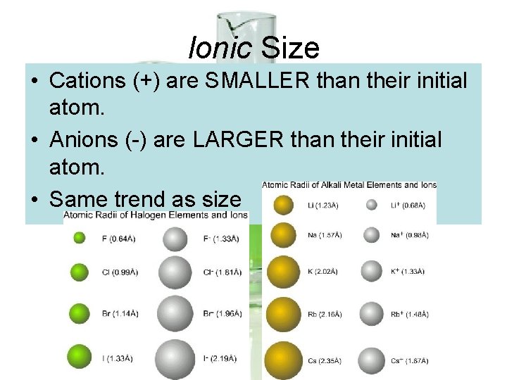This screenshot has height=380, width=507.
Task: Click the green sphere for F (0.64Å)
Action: tap(80, 239)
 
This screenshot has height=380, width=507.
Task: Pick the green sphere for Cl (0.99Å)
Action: tap(79, 272)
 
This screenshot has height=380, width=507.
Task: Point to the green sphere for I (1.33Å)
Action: tap(79, 359)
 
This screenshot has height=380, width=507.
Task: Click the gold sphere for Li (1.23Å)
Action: tap(284, 205)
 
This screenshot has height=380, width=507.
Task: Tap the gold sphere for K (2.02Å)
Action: tap(283, 271)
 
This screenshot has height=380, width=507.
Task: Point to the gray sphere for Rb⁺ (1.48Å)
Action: tap(372, 314)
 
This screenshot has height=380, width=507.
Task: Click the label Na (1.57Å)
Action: tap(324, 234)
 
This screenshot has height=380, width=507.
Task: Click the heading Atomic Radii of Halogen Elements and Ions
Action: tap(156, 215)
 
